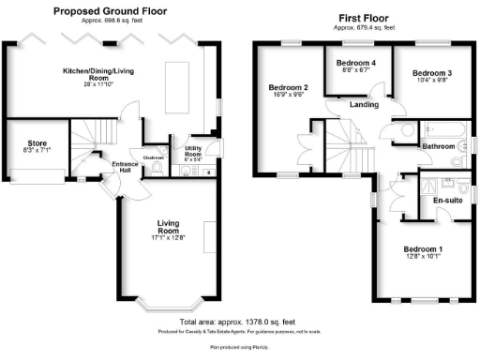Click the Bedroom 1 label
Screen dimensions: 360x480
tap(422, 249)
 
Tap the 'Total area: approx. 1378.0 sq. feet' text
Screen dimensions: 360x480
tap(241, 322)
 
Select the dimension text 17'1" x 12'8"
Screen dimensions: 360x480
tap(169, 238)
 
